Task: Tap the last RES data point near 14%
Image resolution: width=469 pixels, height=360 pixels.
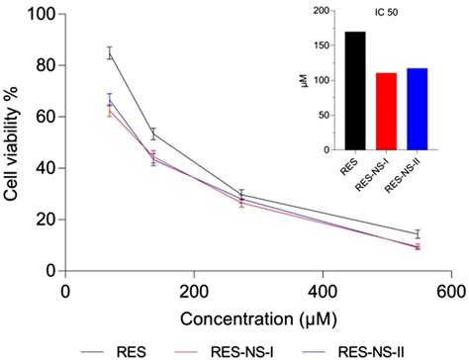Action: [x=418, y=233]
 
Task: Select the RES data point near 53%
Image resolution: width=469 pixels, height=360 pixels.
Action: [x=153, y=134]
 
